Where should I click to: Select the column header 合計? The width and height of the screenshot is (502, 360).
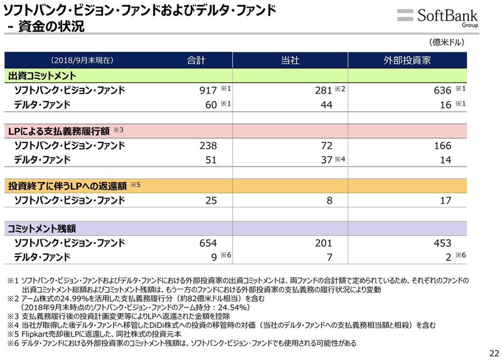(x=196, y=61)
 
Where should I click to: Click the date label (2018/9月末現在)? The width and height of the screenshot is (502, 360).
(x=82, y=61)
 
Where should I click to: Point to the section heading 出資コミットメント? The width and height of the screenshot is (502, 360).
(x=42, y=76)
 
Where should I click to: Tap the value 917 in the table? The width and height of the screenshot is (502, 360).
(x=208, y=91)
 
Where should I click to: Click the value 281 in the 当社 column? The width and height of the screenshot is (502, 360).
(x=323, y=91)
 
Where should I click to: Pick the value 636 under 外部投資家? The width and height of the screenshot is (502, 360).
(x=442, y=91)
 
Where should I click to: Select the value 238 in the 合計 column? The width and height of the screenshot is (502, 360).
(x=208, y=146)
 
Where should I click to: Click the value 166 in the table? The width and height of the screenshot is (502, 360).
(x=442, y=146)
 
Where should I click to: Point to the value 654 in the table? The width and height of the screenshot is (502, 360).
(x=208, y=243)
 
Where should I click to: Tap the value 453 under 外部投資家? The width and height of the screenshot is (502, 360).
(x=442, y=243)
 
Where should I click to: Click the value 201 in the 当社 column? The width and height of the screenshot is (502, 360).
(x=323, y=243)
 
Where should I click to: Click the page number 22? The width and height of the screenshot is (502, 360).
(x=493, y=352)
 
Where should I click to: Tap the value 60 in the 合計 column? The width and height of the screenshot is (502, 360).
(x=210, y=105)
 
